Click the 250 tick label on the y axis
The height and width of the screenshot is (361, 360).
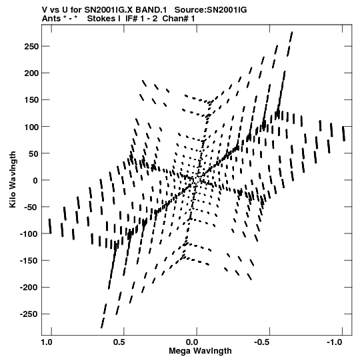[x=31, y=47]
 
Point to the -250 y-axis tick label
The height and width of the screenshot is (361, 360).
[x=29, y=314]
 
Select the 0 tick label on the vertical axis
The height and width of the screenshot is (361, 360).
[x=35, y=180]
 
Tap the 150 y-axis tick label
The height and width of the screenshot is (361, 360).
[x=31, y=100]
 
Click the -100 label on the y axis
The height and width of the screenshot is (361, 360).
[x=29, y=234]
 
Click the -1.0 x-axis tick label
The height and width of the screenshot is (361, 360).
[x=334, y=342]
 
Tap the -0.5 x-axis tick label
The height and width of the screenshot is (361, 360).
[x=261, y=342]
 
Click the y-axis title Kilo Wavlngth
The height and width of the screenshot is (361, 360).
[x=13, y=179]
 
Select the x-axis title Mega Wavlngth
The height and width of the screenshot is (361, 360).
[x=200, y=351]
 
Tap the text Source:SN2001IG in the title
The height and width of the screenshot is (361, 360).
[x=211, y=10]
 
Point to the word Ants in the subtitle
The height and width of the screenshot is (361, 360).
[x=51, y=19]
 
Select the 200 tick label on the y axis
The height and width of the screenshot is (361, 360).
[x=31, y=73]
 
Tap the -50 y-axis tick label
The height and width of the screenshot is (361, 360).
[x=30, y=208]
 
